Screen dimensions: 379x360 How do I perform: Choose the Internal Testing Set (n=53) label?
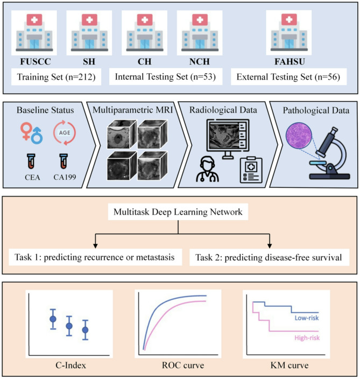click(165, 77)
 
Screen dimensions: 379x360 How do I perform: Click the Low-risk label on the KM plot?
click(308, 318)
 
